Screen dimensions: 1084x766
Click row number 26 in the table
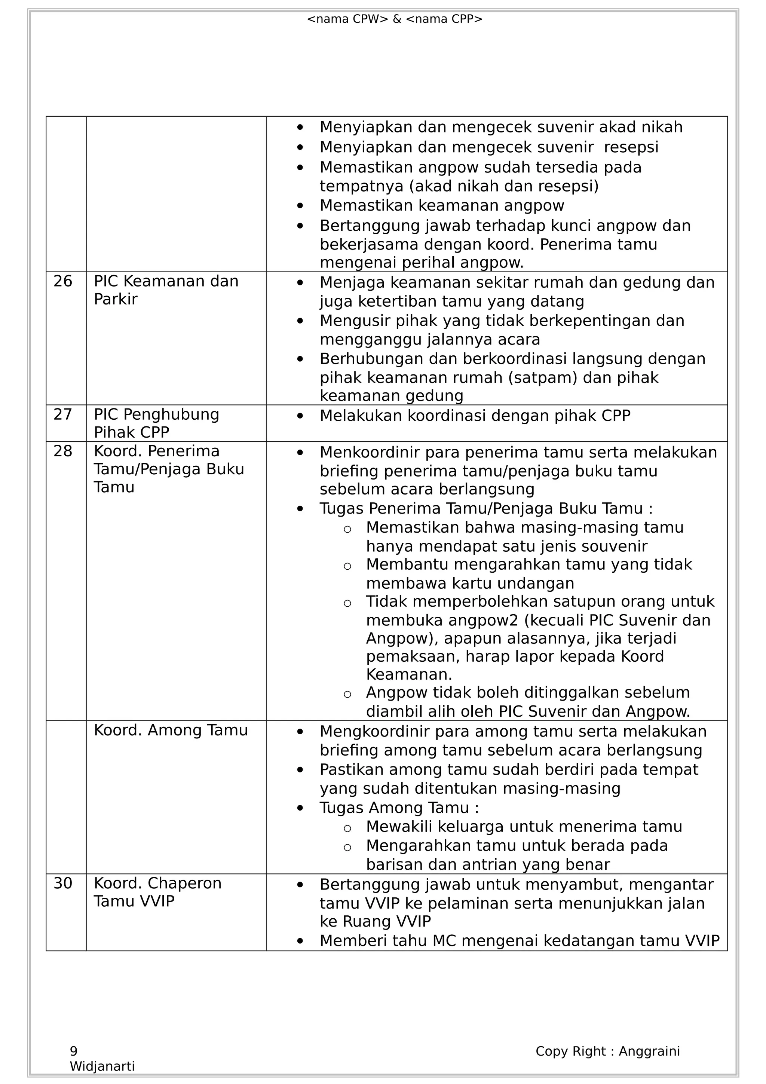[63, 281]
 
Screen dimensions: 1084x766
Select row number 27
[63, 414]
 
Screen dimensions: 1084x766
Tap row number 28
[63, 451]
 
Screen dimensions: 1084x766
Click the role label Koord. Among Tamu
[171, 731]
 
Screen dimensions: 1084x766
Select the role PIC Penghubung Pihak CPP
[156, 423]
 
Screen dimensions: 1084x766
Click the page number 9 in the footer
[74, 1051]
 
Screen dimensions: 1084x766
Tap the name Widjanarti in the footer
[102, 1066]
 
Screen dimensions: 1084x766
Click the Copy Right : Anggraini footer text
[607, 1051]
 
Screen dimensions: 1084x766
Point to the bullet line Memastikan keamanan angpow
[442, 205]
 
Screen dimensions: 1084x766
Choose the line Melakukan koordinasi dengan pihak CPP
[475, 416]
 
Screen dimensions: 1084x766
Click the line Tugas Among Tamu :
[399, 808]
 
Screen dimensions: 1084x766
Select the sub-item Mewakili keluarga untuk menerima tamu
[524, 827]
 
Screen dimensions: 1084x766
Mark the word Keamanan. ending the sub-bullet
[409, 674]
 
